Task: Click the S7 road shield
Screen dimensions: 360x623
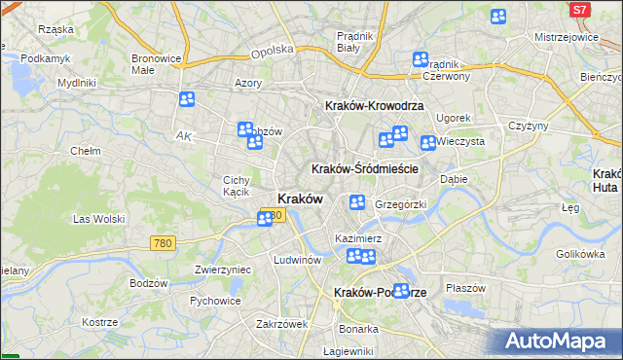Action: pos(580,9)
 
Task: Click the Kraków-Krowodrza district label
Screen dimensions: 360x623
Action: pos(366,105)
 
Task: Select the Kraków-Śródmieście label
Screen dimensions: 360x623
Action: pos(364,168)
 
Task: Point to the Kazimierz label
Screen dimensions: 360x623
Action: pos(357,237)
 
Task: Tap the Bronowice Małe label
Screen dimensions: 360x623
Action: pos(157,64)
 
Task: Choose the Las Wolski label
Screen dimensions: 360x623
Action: pos(96,220)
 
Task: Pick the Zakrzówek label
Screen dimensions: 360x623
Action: pos(282,324)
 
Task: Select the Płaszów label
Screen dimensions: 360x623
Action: pos(465,287)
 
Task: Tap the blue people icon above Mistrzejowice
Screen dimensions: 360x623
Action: pos(498,17)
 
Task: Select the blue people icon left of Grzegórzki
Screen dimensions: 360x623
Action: pos(357,202)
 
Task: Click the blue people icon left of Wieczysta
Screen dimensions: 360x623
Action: pos(427,144)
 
